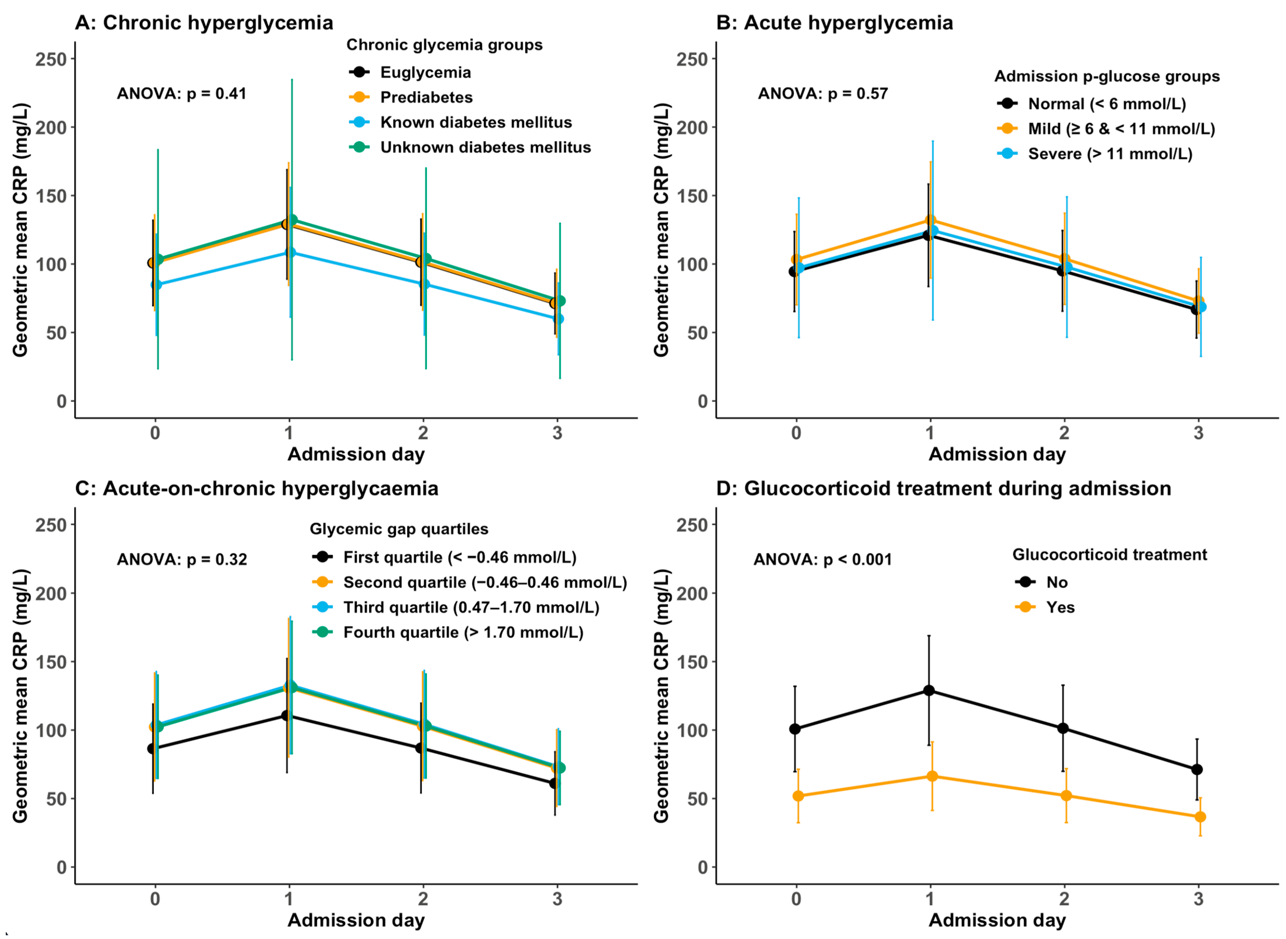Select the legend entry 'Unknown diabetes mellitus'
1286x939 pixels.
pyautogui.click(x=470, y=147)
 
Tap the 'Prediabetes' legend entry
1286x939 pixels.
pyautogui.click(x=411, y=97)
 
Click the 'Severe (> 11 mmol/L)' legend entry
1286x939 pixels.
pyautogui.click(x=1095, y=153)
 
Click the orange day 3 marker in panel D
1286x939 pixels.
pyautogui.click(x=1200, y=817)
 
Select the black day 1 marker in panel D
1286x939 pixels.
pyautogui.click(x=929, y=691)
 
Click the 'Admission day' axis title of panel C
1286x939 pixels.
pyautogui.click(x=356, y=920)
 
